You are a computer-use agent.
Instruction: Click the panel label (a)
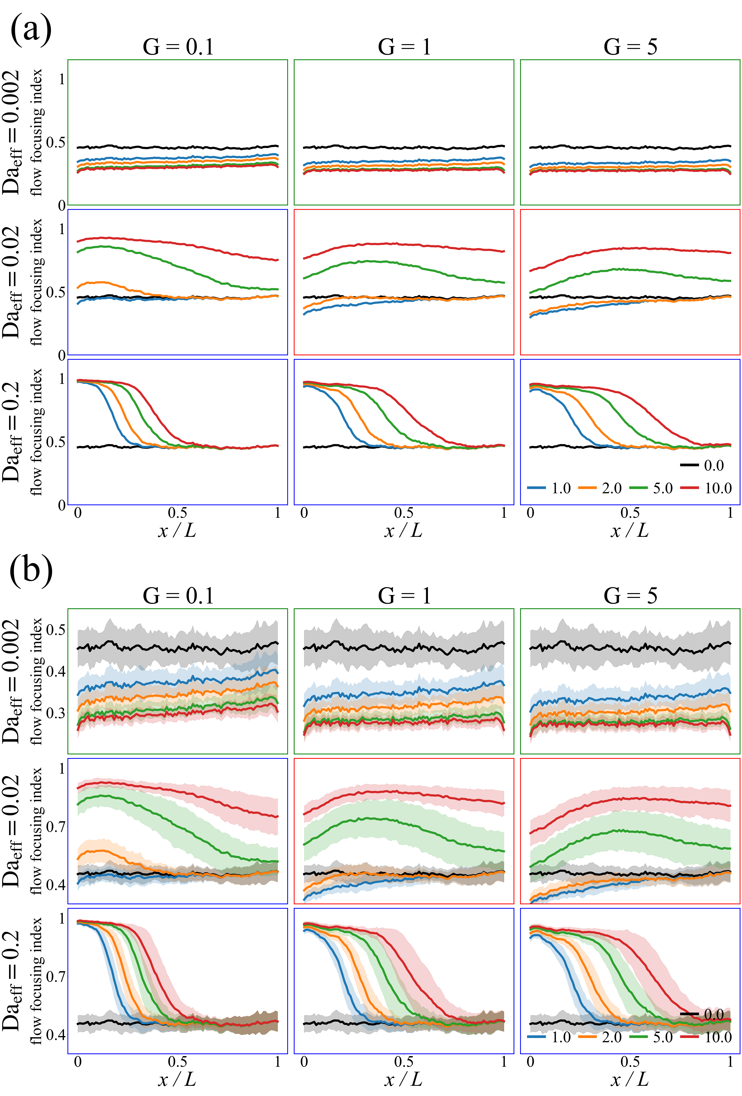click(x=31, y=29)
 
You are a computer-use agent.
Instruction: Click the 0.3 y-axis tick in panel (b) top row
click(x=56, y=713)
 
